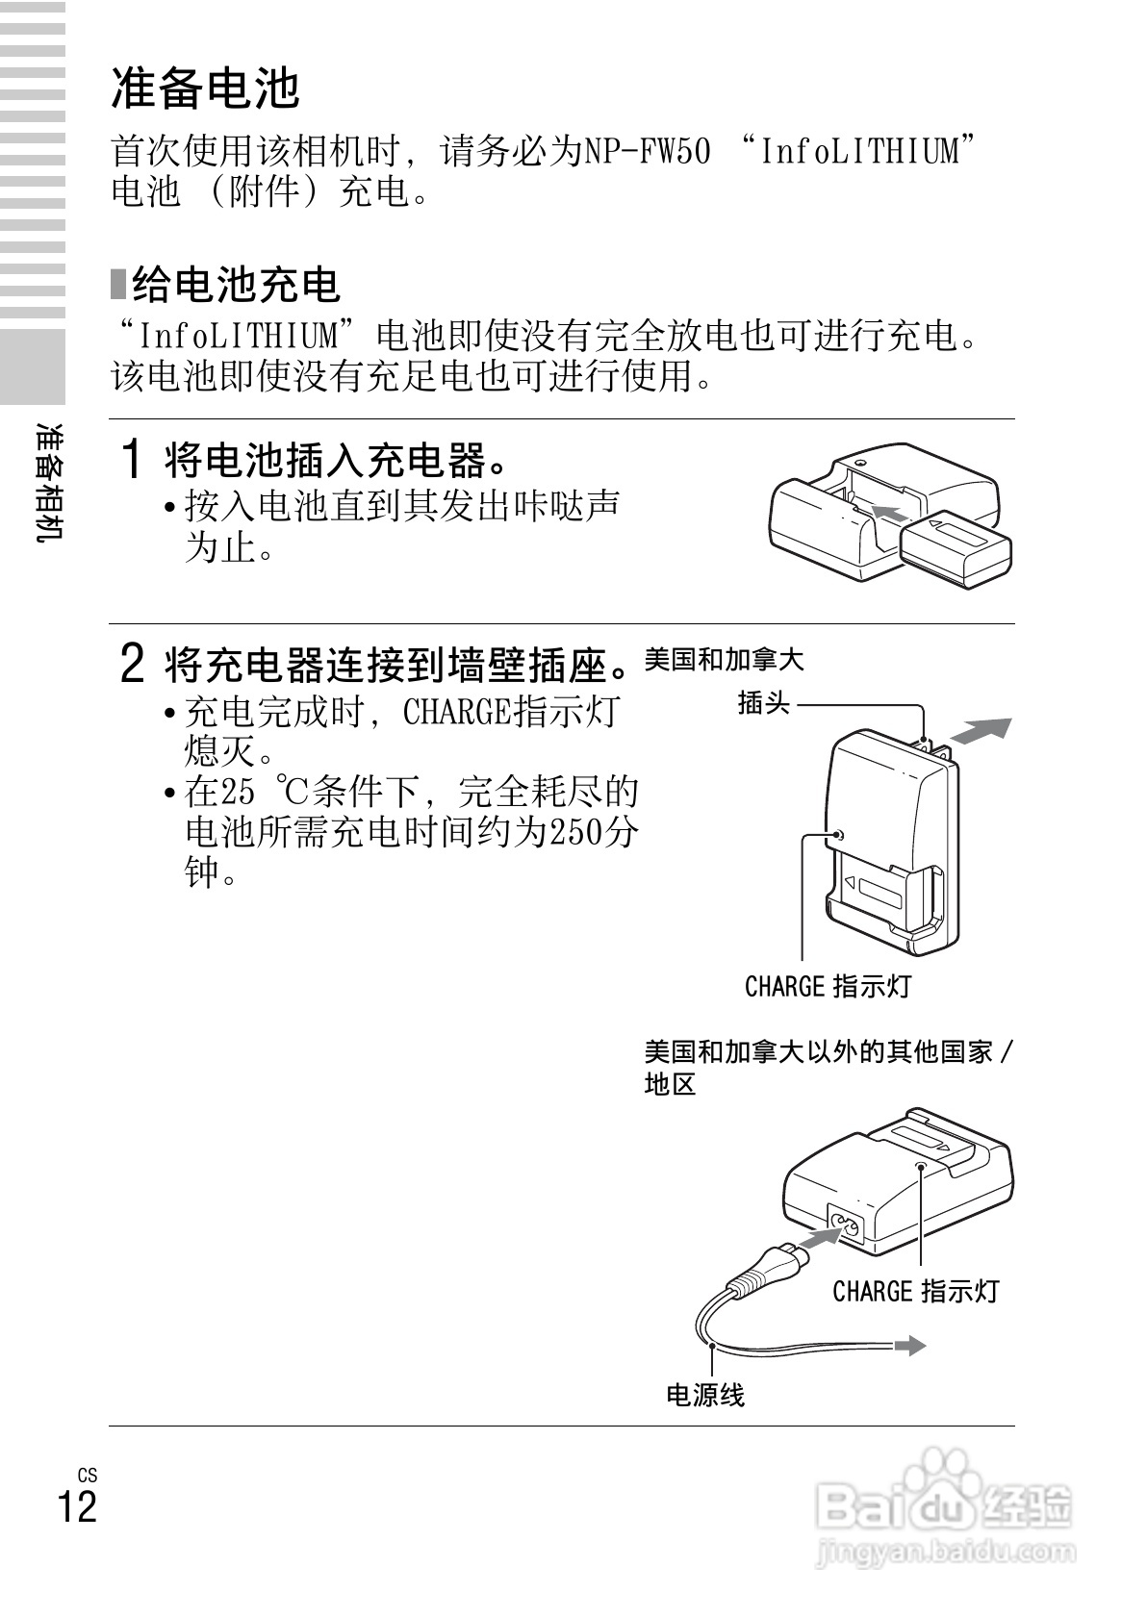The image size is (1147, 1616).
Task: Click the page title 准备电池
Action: [x=206, y=88]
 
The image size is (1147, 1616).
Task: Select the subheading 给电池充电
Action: [x=237, y=285]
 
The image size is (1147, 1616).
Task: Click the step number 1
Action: [x=134, y=460]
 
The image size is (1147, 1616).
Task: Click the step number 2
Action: [x=134, y=664]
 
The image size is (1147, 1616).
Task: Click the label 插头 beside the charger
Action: [x=763, y=703]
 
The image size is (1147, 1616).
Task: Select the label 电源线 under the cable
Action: [x=705, y=1395]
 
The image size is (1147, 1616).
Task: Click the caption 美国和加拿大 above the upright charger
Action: [x=724, y=660]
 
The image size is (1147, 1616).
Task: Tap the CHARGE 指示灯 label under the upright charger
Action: [x=828, y=986]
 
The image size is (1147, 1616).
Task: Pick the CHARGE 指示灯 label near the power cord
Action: [x=915, y=1291]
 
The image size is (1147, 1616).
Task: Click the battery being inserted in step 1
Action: [x=956, y=547]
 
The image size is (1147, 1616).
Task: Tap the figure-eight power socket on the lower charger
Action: [x=849, y=1226]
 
